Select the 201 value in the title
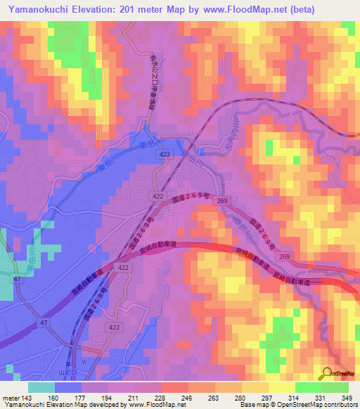[x=129, y=9]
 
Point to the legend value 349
[x=345, y=398]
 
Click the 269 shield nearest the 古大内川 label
[x=222, y=201]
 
